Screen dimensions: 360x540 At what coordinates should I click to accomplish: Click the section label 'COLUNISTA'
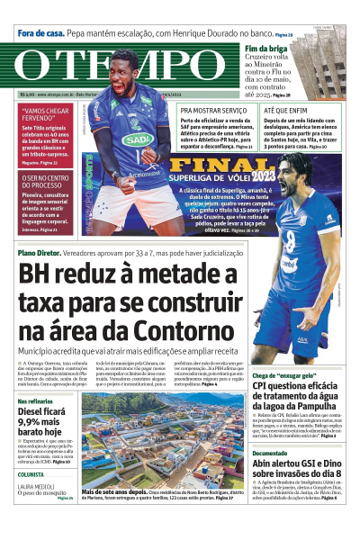[x=31, y=473]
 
